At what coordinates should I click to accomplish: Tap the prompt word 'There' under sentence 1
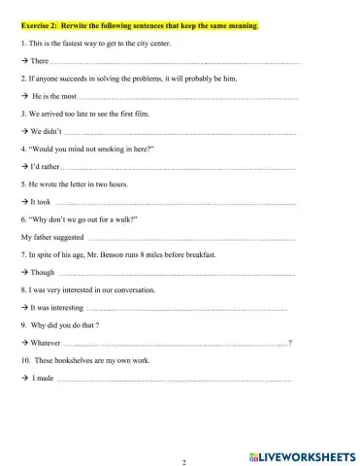[x=41, y=61]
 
